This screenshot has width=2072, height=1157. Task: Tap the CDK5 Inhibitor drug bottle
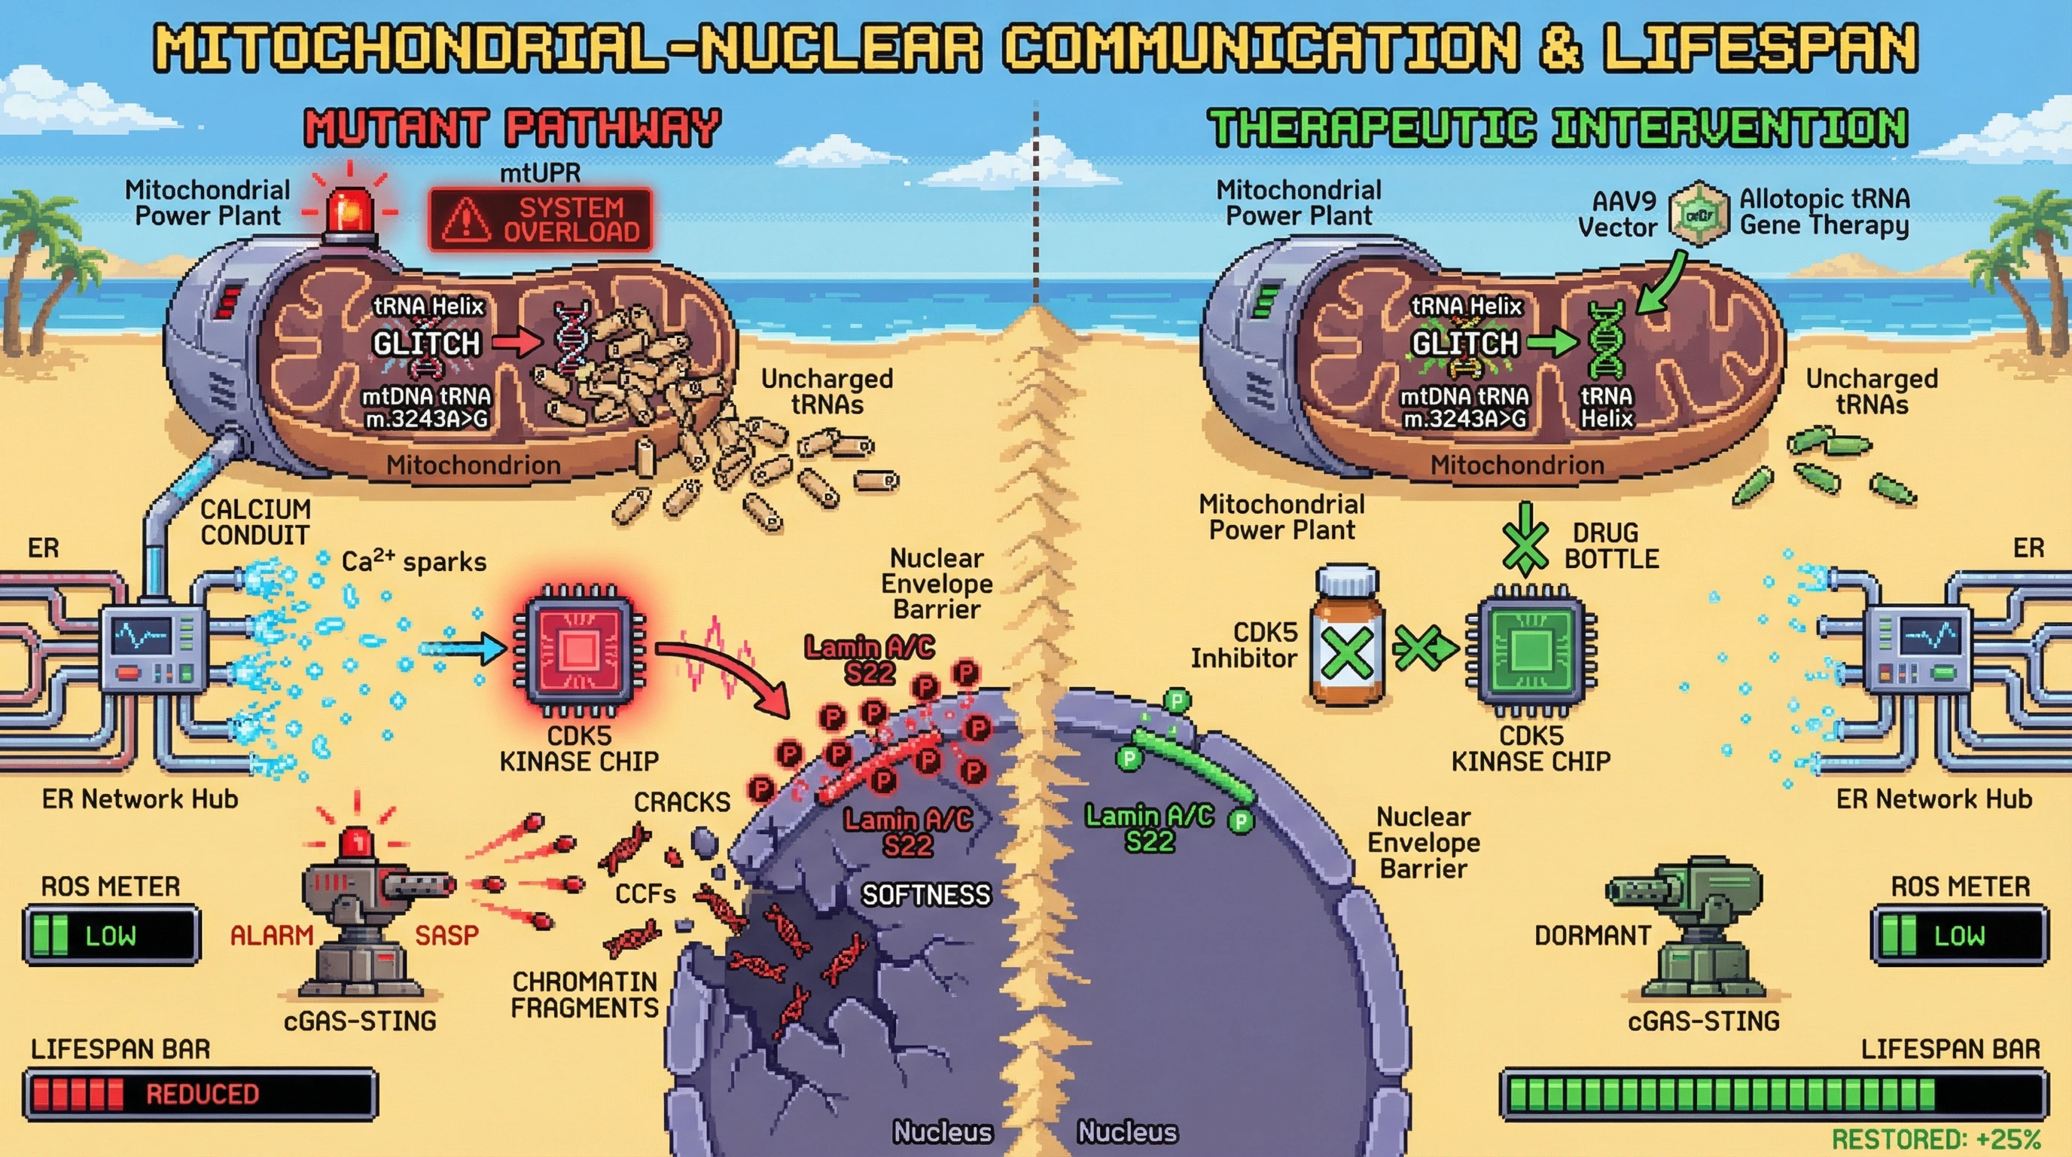pos(1347,637)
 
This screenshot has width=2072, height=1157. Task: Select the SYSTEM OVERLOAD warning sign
pos(541,219)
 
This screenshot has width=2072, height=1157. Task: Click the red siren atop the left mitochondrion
pos(350,211)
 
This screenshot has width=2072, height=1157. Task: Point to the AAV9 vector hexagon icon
pos(1698,214)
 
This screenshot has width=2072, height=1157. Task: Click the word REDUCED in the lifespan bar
pos(202,1094)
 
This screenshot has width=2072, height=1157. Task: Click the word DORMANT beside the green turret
pos(1592,935)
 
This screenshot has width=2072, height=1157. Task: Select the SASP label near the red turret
pos(446,935)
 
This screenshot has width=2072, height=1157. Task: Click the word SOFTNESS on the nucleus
pos(926,895)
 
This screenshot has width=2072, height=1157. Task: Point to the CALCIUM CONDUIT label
pos(254,522)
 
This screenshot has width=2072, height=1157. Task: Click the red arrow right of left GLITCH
pos(517,343)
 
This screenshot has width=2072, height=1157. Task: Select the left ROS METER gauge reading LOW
pos(111,935)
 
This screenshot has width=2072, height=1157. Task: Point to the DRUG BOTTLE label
pos(1611,545)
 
